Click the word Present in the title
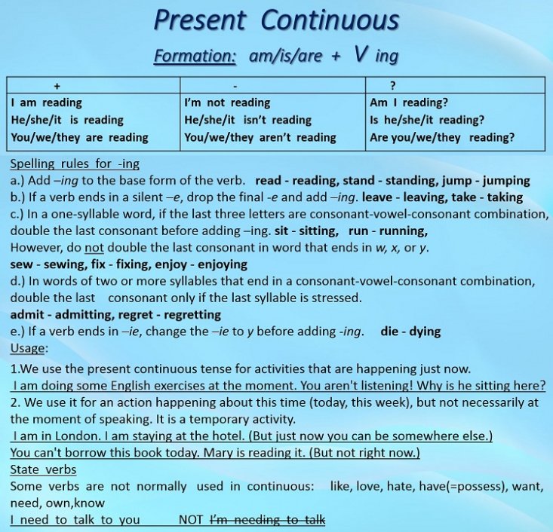coord(200,20)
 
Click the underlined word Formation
coord(195,56)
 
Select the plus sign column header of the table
coord(57,86)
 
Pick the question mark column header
coord(393,85)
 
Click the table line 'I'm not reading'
coord(227,102)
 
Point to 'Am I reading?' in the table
coord(409,102)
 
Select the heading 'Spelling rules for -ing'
coord(75,164)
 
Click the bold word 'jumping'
coord(506,181)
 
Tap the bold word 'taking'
coord(505,197)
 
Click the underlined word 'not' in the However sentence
coord(94,248)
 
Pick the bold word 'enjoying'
coord(223,264)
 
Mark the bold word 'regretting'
coord(192,315)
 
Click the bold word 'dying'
coord(426,332)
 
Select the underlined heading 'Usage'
coord(27,348)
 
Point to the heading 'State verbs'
coord(43,469)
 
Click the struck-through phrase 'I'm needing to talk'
coord(267,520)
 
